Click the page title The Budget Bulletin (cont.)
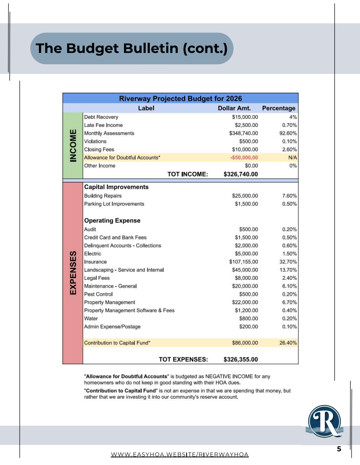[x=132, y=48]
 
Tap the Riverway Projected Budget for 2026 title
[x=180, y=98]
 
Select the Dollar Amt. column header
[x=234, y=108]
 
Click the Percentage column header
[x=279, y=108]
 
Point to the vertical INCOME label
[x=73, y=145]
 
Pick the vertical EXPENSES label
[x=73, y=273]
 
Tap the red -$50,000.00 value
[x=244, y=157]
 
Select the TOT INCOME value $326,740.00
[x=240, y=174]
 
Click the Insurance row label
[x=96, y=262]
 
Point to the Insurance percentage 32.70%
[x=288, y=262]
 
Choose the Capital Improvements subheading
[x=116, y=187]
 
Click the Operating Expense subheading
[x=112, y=220]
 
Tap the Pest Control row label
[x=98, y=294]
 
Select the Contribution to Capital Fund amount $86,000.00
[x=245, y=343]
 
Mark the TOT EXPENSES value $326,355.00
[x=240, y=359]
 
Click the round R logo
[x=325, y=421]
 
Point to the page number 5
[x=339, y=449]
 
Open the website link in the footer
[x=180, y=455]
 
